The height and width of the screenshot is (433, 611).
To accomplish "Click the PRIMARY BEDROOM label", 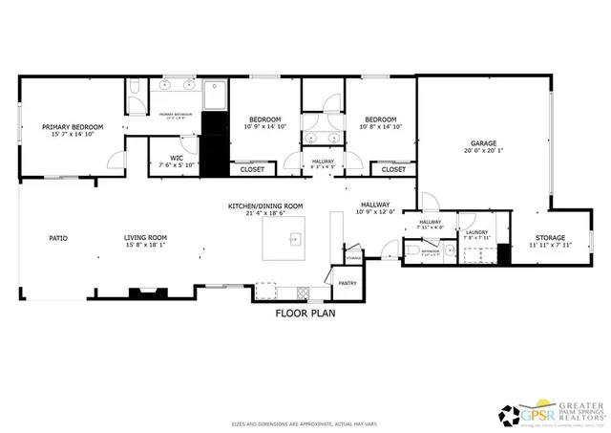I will pos(73,126).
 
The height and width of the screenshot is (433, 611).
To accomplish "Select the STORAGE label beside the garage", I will pos(549,237).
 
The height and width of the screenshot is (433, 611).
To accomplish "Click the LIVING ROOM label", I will pos(145,237).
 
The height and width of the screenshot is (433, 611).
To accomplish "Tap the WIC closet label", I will pos(177,157).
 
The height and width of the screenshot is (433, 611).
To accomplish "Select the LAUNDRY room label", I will pos(476,232).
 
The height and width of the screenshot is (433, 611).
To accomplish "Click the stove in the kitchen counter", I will pos(304,290).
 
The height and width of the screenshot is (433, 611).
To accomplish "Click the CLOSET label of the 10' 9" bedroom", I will pos(252,169).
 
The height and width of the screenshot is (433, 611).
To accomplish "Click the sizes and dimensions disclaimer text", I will pos(305,422).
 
